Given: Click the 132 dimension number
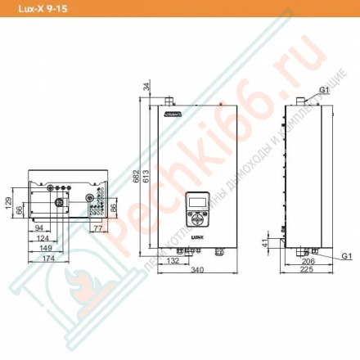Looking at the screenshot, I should tap(173, 259).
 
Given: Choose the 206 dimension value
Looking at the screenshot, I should tap(308, 259).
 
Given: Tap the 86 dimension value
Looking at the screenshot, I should tap(114, 207).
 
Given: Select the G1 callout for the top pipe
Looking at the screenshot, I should tap(324, 88).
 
